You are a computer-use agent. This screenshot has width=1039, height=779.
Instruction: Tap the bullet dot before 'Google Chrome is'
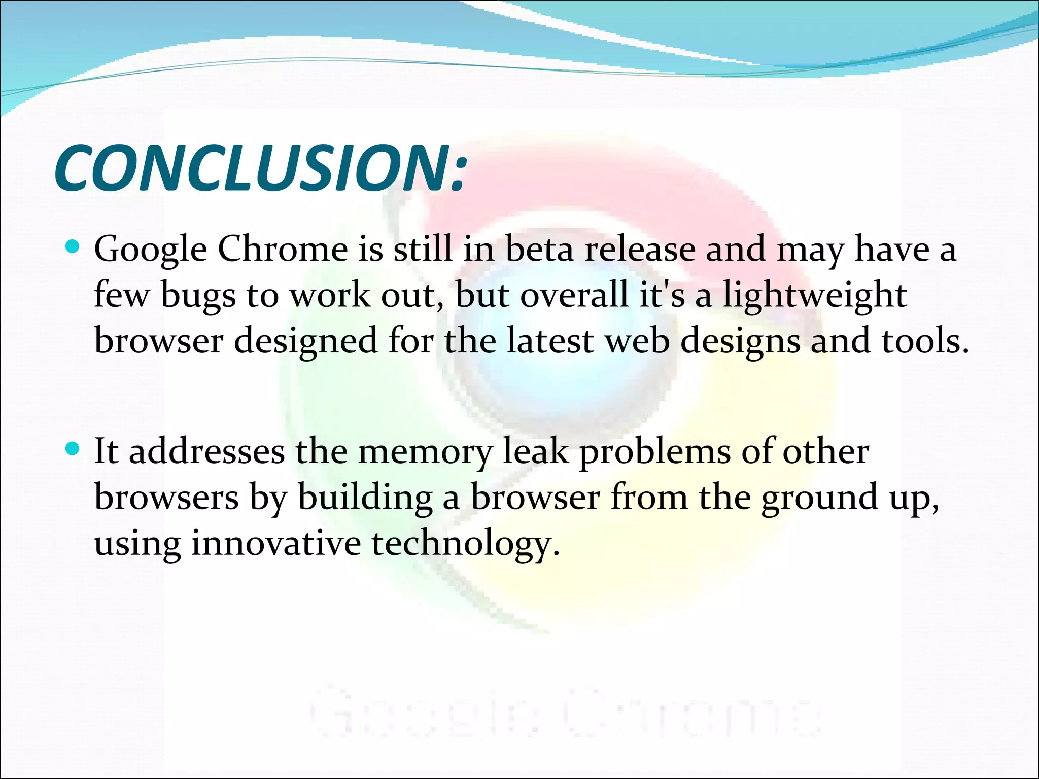(x=73, y=247)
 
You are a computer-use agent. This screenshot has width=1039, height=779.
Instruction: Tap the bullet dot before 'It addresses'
(x=73, y=449)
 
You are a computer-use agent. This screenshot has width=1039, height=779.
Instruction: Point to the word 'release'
(x=640, y=249)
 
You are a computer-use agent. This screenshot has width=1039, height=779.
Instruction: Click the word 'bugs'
(x=198, y=296)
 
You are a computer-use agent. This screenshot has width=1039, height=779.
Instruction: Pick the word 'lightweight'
(x=815, y=296)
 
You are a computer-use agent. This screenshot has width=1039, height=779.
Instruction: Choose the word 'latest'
(x=550, y=340)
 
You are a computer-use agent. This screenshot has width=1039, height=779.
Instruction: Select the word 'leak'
(x=535, y=451)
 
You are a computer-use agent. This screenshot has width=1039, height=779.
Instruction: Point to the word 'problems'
(x=655, y=452)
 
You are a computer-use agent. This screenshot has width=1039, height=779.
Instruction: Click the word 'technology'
(x=465, y=544)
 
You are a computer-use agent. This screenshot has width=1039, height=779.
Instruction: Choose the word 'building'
(x=365, y=498)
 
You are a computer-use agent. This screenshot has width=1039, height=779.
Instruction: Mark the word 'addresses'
(x=207, y=451)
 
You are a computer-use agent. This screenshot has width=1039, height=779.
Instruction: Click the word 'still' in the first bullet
(x=423, y=249)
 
